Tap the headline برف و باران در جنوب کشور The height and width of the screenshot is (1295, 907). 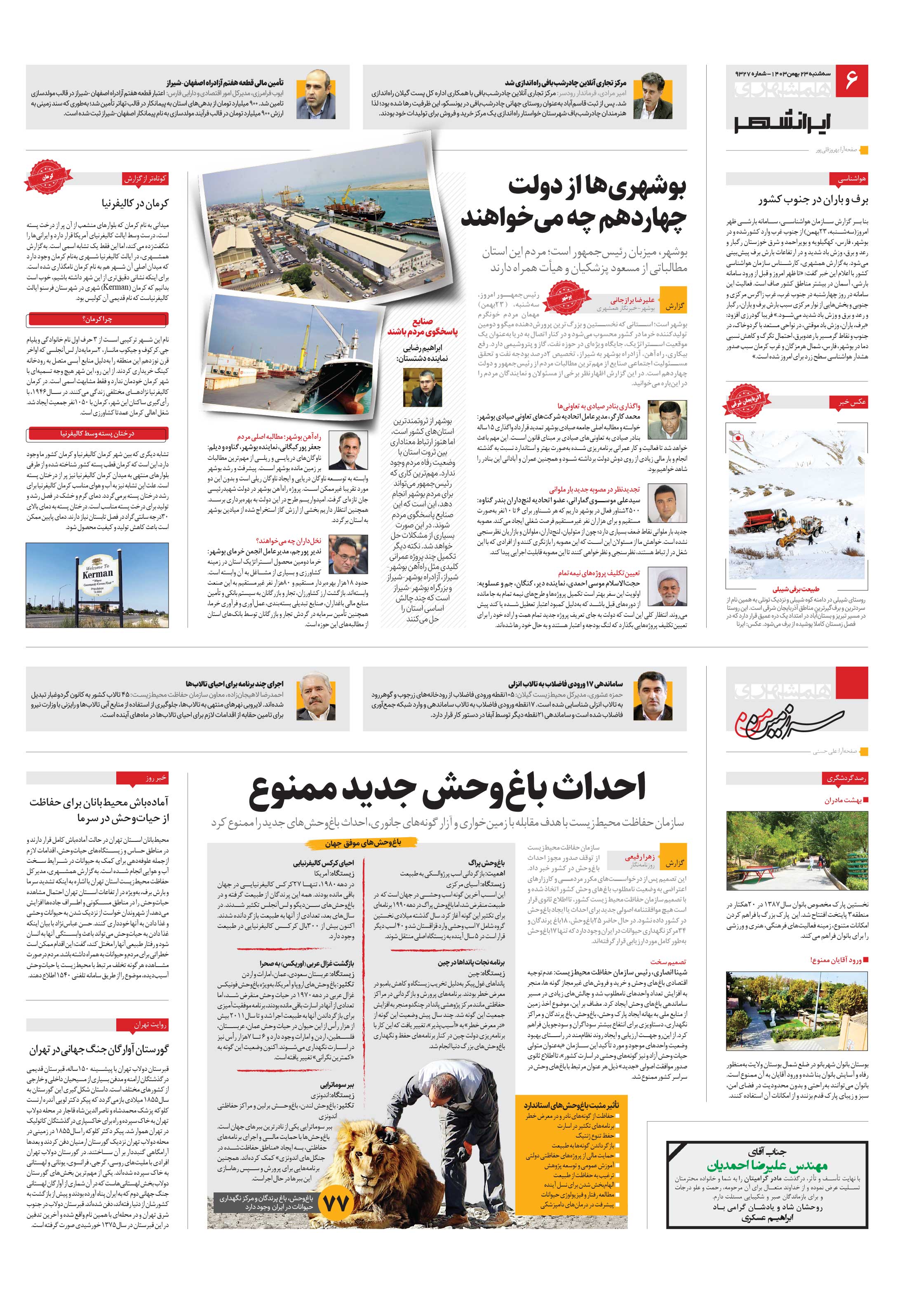[x=813, y=200]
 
